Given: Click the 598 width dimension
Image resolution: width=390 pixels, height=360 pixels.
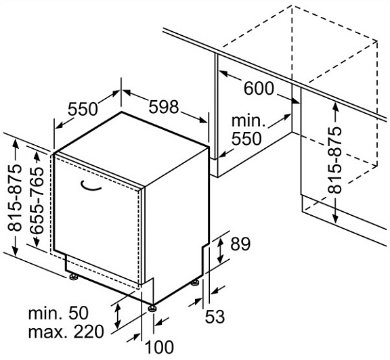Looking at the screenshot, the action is tap(164, 107).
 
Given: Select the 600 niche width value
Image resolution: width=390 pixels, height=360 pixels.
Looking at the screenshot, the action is tap(259, 89).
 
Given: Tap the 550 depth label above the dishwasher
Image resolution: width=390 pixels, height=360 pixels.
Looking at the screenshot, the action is tap(83, 109).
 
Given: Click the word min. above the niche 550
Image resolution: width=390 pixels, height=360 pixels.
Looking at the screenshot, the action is tap(248, 121).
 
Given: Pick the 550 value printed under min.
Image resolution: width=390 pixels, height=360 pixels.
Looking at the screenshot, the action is tap(246, 139).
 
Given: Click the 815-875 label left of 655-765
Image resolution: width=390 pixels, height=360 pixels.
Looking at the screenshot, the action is tap(14, 198).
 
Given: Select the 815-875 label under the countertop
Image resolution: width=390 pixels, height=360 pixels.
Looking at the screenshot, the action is tap(334, 160).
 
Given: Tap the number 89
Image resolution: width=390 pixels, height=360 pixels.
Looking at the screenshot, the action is tap(240, 244).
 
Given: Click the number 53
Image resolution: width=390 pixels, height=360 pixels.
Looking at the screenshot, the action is tap(215, 317).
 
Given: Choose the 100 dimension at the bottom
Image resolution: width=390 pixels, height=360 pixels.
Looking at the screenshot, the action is tap(159, 347).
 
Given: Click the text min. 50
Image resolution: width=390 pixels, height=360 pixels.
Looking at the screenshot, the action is tap(58, 313).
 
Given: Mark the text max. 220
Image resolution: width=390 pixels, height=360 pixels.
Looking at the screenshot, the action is tap(66, 331).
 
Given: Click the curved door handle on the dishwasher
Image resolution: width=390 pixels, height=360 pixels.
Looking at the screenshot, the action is tap(91, 187).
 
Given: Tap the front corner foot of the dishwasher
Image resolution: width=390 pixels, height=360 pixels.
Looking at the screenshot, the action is tap(152, 309).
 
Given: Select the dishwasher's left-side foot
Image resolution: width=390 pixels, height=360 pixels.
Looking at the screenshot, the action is tap(73, 277).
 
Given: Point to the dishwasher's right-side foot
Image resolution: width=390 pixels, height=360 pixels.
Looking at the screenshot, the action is tap(195, 283).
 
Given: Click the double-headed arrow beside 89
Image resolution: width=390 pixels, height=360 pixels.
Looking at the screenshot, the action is tap(220, 250).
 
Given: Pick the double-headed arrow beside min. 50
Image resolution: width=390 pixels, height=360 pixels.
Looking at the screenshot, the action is tap(117, 316).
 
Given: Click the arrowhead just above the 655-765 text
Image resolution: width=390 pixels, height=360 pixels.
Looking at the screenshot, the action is tap(37, 156).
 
